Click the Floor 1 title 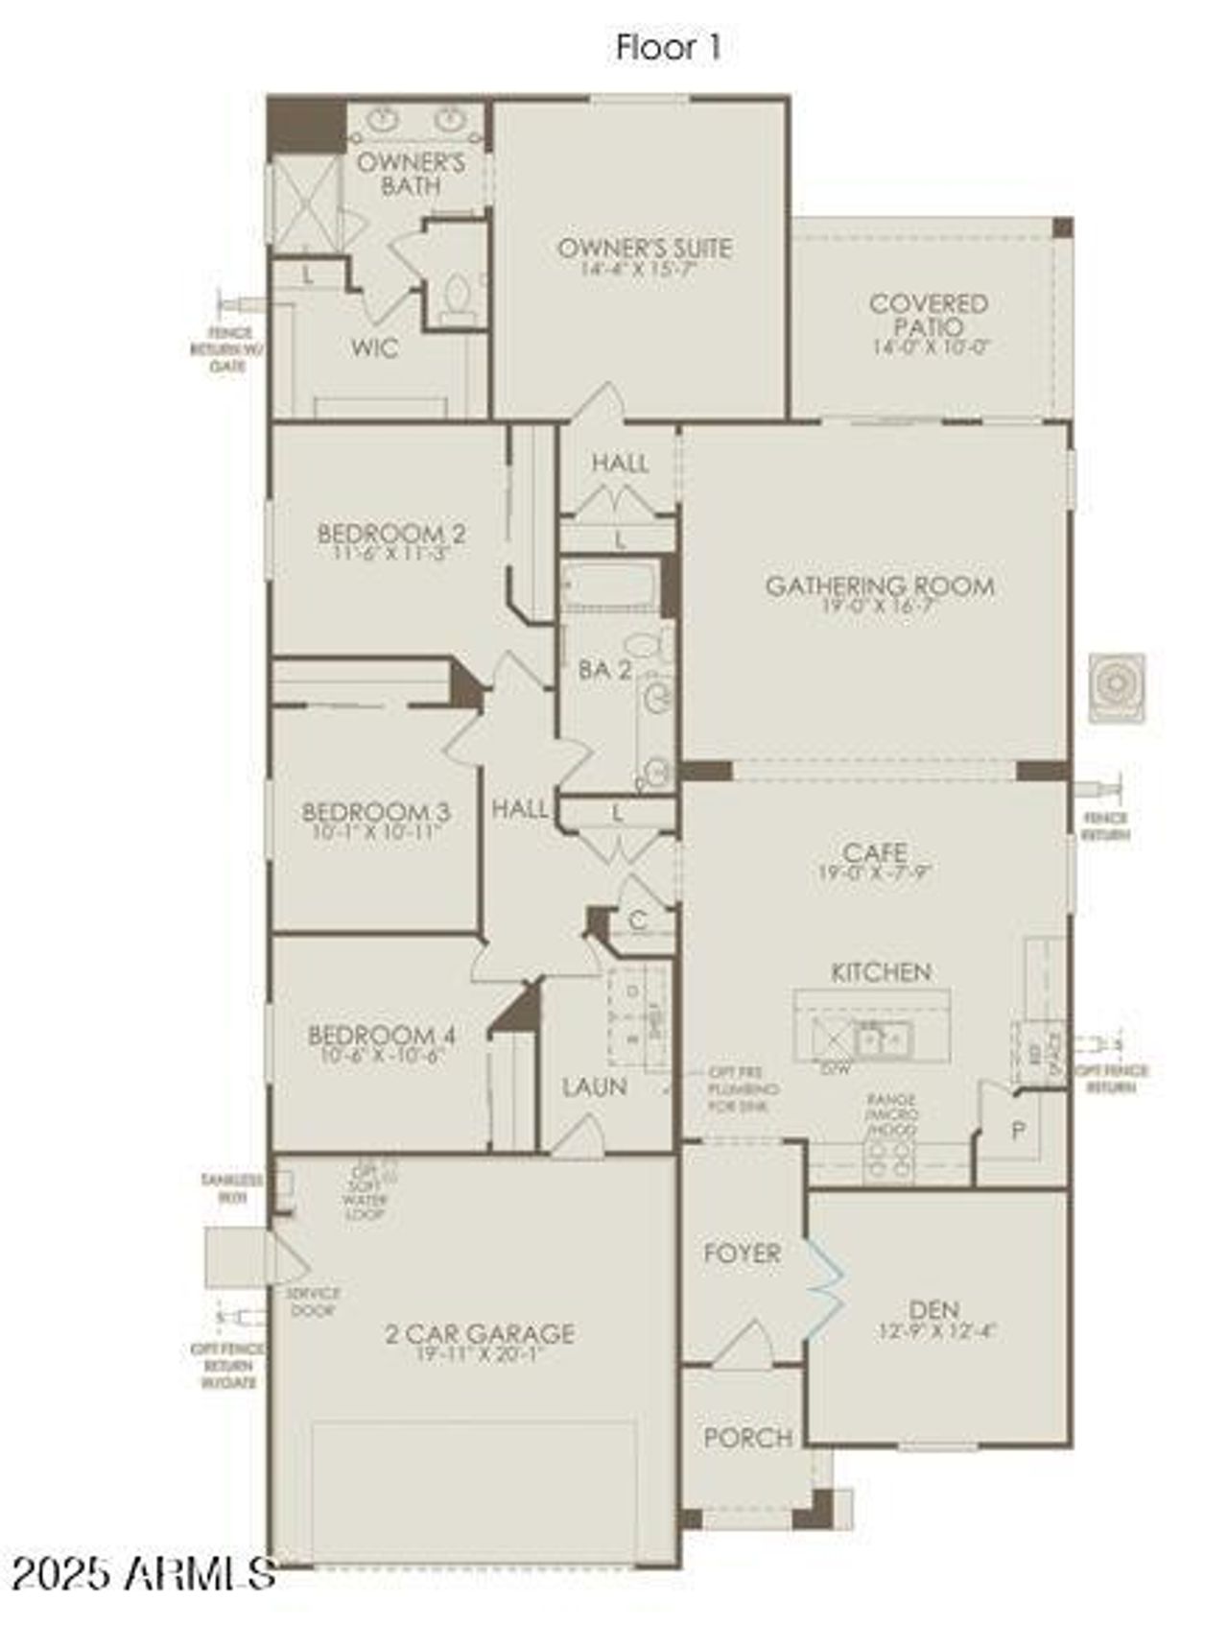pos(668,47)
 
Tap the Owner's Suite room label pos(644,249)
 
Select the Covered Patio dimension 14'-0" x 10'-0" pos(930,347)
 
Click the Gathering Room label pos(879,585)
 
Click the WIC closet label pos(374,347)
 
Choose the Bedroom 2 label pos(391,533)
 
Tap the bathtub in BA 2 pos(610,585)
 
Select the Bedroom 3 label pos(375,812)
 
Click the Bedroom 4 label pos(381,1036)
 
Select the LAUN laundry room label pos(595,1087)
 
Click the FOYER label pos(742,1254)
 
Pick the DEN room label pos(933,1310)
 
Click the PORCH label pos(747,1438)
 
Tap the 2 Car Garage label pos(480,1333)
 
